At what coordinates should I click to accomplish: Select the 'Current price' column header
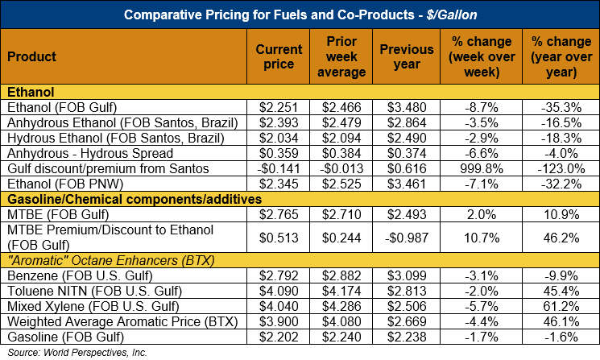click(279, 57)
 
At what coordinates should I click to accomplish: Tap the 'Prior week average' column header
click(344, 57)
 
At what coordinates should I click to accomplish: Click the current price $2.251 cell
click(279, 106)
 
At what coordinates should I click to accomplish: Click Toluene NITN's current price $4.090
click(279, 291)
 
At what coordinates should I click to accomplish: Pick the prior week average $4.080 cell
click(344, 321)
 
